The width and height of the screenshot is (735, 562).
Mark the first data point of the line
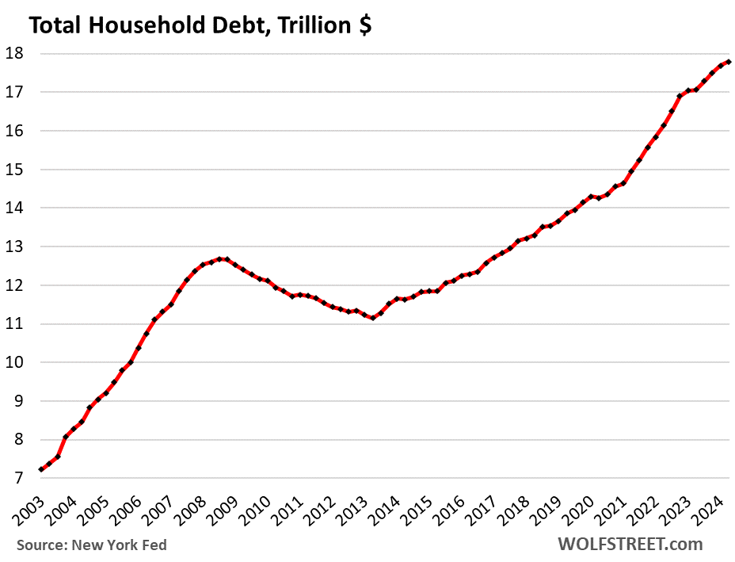[x=41, y=469]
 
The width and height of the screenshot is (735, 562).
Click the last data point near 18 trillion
[x=729, y=62]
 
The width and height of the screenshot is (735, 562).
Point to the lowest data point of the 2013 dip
[x=372, y=317]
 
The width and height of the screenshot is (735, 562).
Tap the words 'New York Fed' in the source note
[x=120, y=545]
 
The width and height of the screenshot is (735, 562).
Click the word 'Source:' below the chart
[x=42, y=545]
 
